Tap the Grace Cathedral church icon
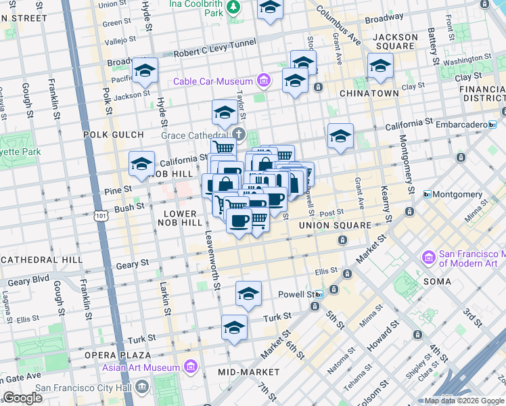coord(239,133)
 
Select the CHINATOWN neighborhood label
coord(369,93)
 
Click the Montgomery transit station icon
coord(428,194)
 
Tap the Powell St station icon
coord(318,294)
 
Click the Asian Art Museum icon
coord(191,368)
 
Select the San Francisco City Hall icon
coord(142,388)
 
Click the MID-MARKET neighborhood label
coord(249,372)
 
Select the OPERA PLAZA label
coord(117,355)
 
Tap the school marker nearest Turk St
coord(234,326)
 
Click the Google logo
coord(22,398)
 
